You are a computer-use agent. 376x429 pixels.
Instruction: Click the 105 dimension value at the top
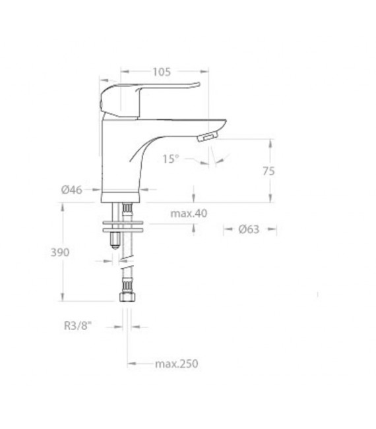coord(162,72)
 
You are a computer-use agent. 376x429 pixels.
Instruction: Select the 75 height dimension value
coord(268,171)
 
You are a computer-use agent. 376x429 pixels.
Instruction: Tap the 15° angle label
coord(171,159)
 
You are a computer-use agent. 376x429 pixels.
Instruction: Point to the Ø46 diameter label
coord(71,190)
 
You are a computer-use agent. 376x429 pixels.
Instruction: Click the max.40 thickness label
coord(189,214)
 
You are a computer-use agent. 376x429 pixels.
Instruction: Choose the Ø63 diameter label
coord(249,229)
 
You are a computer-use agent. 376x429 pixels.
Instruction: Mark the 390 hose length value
coord(60,252)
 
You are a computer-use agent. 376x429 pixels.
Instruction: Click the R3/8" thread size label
coord(77,326)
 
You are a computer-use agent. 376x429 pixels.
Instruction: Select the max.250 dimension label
coord(176,364)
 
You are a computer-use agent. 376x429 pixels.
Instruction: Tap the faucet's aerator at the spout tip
coord(207,136)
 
